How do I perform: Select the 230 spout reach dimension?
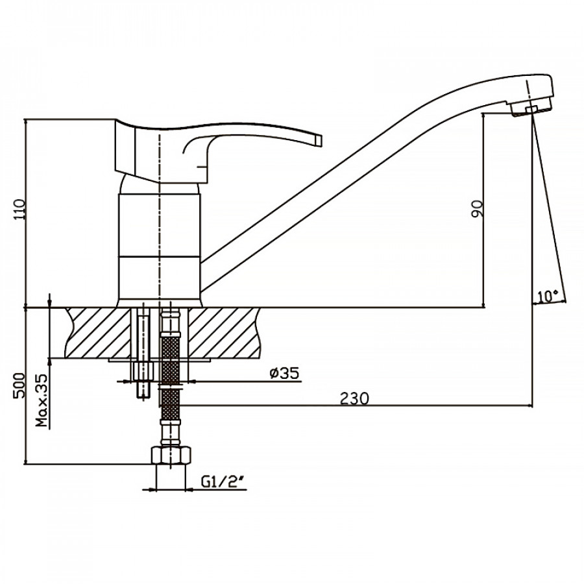click(x=354, y=398)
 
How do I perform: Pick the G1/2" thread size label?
click(x=223, y=482)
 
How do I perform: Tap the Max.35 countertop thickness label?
click(x=42, y=400)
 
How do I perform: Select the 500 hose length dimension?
click(x=19, y=385)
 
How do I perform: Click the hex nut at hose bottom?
click(x=171, y=455)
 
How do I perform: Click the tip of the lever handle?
click(x=319, y=140)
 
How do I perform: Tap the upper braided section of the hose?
click(x=171, y=359)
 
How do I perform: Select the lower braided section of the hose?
click(x=171, y=404)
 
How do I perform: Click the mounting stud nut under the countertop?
click(x=143, y=371)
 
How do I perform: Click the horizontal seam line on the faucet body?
click(x=159, y=256)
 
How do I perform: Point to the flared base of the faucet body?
click(x=160, y=303)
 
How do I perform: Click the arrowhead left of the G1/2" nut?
click(x=150, y=489)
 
